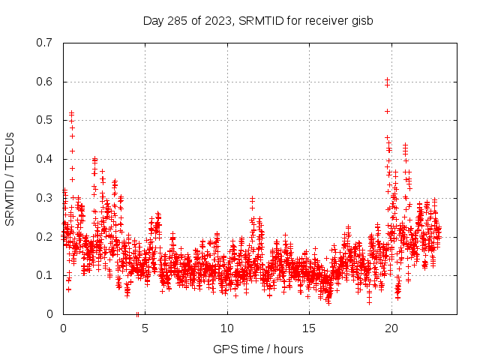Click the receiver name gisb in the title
coord(361,20)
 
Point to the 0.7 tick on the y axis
coord(44,43)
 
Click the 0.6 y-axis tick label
coord(44,82)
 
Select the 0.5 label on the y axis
coord(44,120)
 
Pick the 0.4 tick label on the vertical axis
coord(44,159)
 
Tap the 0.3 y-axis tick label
coord(44,198)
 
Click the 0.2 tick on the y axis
coord(44,236)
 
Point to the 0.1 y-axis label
coord(44,275)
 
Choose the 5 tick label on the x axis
coord(145,328)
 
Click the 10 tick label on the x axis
coord(227,328)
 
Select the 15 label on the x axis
coord(309,328)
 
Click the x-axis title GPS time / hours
coord(258,349)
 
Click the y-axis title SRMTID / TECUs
coord(10,178)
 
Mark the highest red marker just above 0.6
coord(387,79)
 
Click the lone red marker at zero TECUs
coord(137,313)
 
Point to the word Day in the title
coord(154,20)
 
